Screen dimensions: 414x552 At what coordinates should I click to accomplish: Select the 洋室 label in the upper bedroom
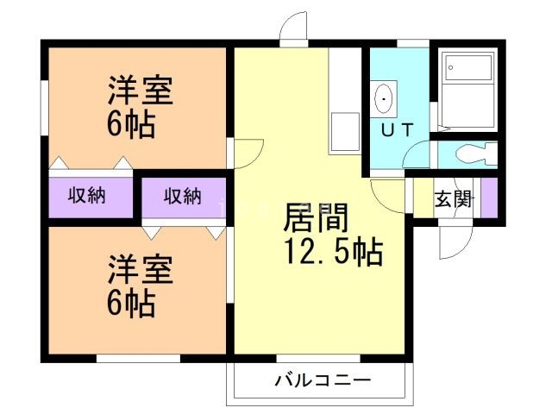141,91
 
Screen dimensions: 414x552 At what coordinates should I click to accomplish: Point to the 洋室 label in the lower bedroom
141,270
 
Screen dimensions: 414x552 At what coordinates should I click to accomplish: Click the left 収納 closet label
88,196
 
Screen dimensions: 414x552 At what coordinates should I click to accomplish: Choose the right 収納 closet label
183,196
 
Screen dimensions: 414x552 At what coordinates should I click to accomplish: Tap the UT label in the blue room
397,130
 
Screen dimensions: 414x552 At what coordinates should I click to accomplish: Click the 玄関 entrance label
452,199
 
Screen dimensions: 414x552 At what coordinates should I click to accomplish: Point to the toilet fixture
470,155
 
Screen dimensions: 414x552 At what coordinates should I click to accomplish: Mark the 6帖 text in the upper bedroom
133,127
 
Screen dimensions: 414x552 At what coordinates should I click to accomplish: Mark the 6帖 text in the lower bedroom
133,304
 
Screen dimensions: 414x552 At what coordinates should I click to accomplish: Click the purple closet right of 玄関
489,198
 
